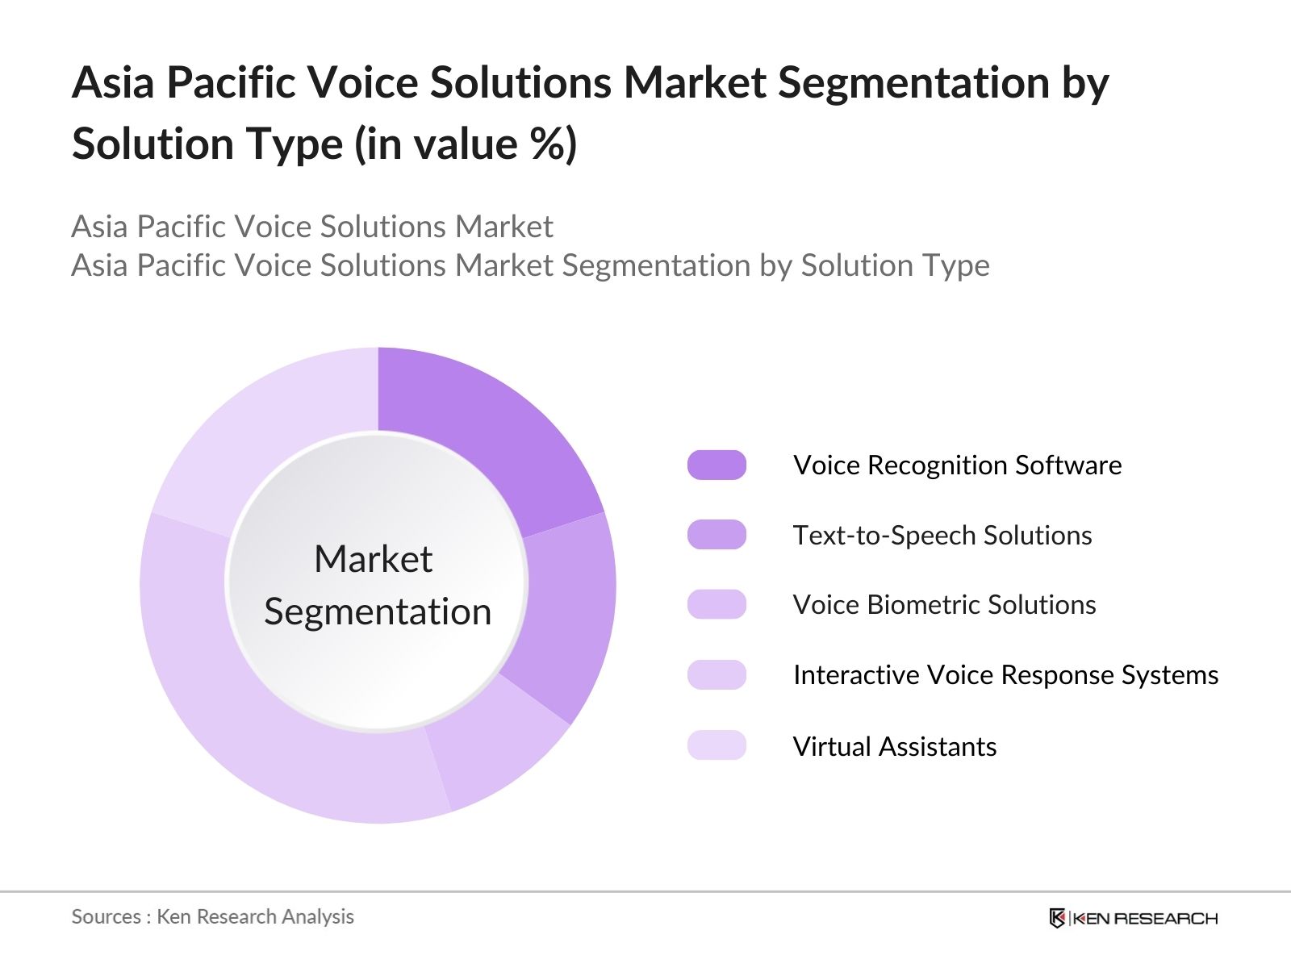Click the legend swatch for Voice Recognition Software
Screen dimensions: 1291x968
(717, 465)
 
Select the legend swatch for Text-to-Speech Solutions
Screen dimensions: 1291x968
(717, 535)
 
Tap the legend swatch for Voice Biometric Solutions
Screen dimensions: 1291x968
(717, 604)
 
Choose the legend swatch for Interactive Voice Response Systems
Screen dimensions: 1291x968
(717, 674)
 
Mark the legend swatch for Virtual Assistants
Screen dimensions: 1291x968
(717, 745)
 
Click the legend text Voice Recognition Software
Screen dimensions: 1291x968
(957, 465)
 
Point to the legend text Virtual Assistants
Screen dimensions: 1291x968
(895, 746)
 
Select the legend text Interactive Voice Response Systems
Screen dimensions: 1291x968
(1005, 675)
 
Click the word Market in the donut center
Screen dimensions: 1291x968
(374, 558)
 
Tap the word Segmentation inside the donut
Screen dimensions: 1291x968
(378, 611)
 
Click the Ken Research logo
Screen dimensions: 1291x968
(1133, 918)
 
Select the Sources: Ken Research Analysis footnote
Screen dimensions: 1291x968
(212, 917)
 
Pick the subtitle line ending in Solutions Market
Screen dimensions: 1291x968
(312, 227)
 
